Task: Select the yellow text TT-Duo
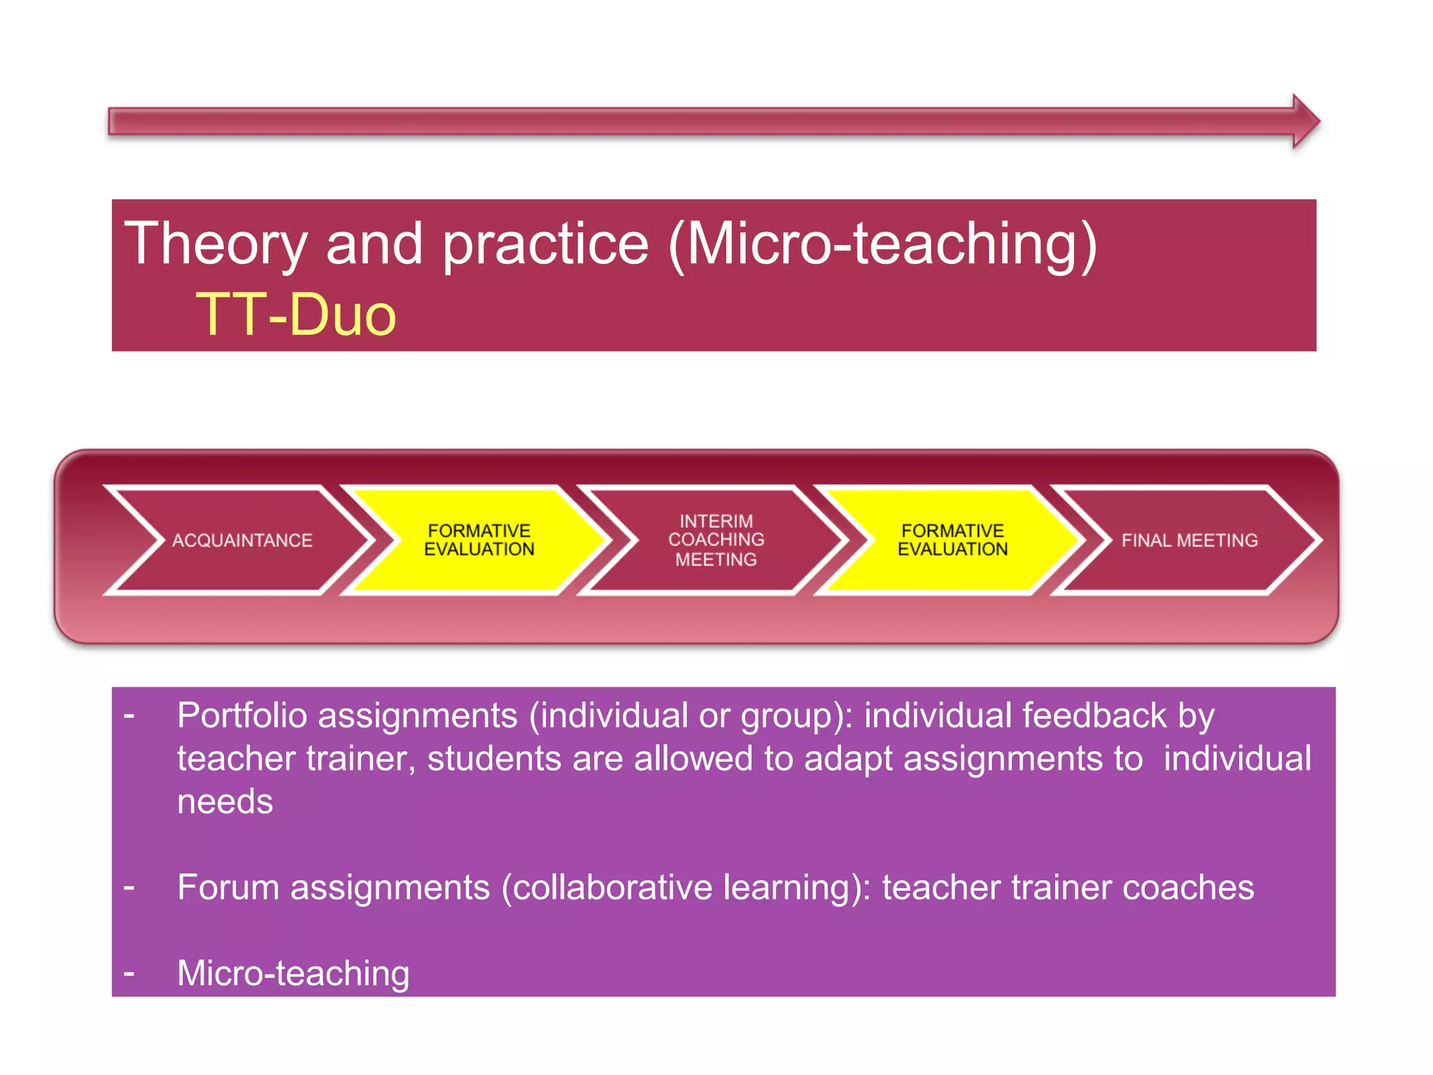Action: (296, 315)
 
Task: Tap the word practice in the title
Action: (546, 244)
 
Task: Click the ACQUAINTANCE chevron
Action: (241, 540)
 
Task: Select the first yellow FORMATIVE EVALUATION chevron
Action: (479, 540)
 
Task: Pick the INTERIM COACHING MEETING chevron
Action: (716, 540)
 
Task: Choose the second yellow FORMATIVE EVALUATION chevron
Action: (952, 540)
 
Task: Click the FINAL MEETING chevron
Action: (1189, 540)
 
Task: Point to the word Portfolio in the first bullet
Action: (242, 716)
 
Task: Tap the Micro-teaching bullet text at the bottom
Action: (293, 973)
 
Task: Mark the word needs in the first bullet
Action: (225, 802)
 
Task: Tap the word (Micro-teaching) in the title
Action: (883, 244)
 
